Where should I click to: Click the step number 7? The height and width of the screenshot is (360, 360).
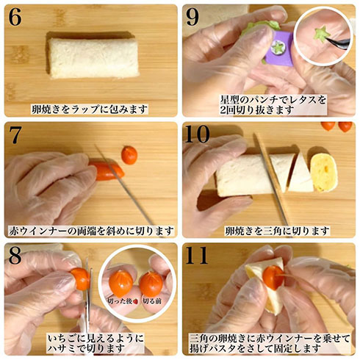point(15,136)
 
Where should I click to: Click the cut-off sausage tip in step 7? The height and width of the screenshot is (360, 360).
point(129,154)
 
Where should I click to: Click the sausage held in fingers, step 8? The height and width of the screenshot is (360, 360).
point(79,278)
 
